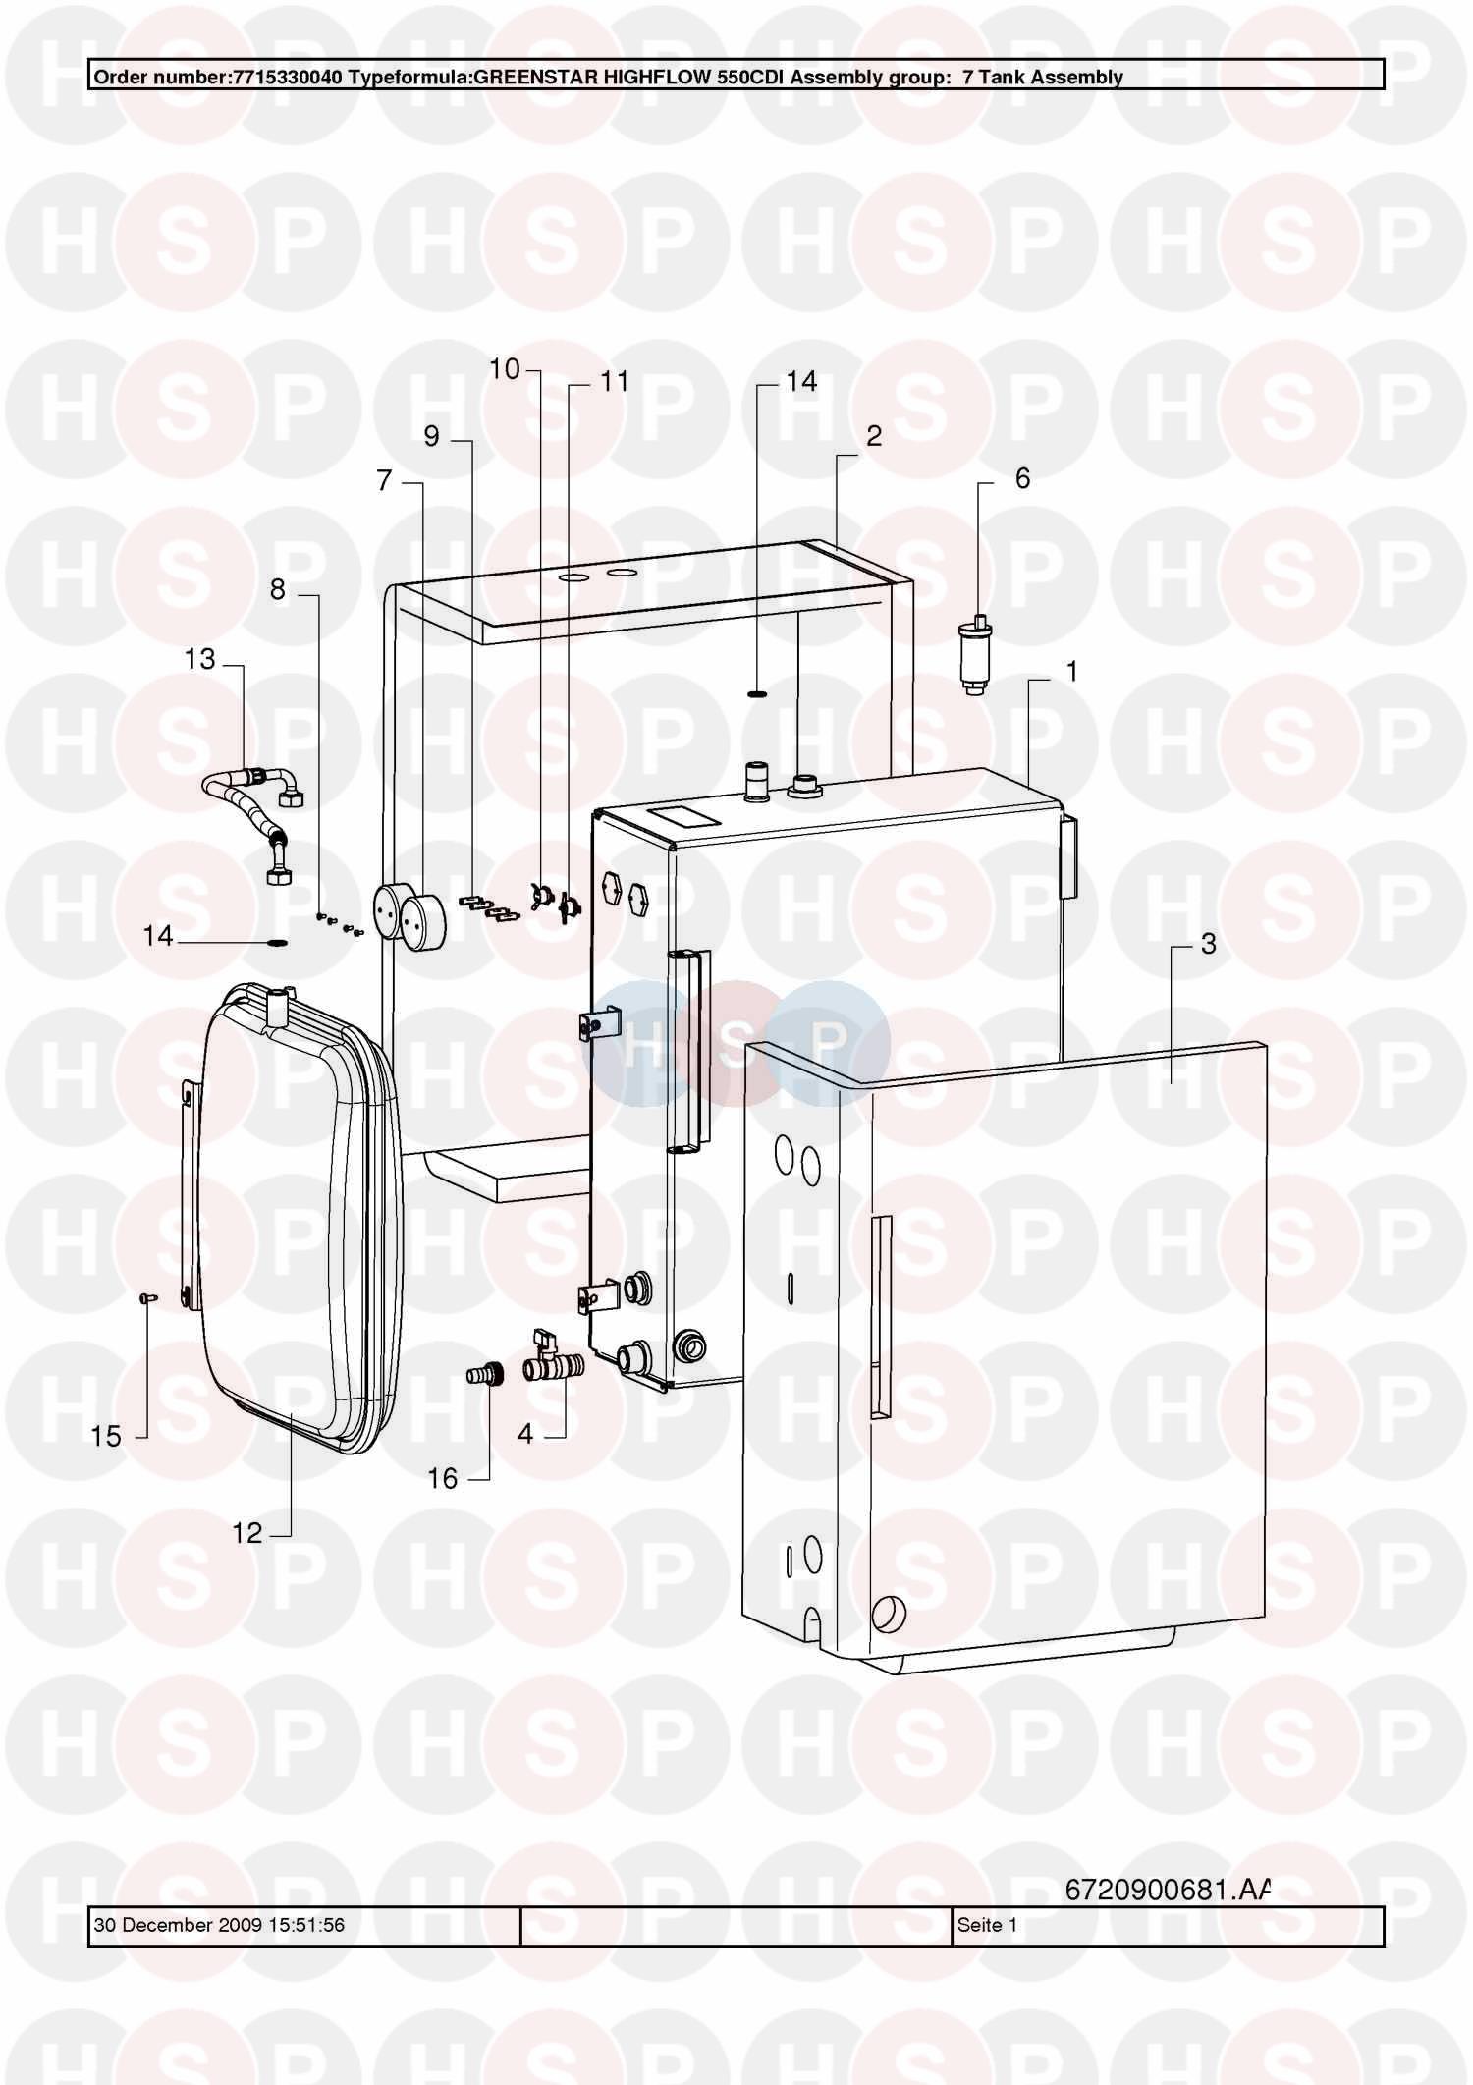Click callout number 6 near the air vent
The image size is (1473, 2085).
tap(1022, 478)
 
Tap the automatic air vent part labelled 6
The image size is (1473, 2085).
tap(975, 655)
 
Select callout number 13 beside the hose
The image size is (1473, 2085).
tap(199, 659)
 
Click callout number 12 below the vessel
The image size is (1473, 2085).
tap(246, 1533)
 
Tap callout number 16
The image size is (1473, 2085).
tap(442, 1479)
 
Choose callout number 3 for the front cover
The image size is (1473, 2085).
tap(1208, 944)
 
